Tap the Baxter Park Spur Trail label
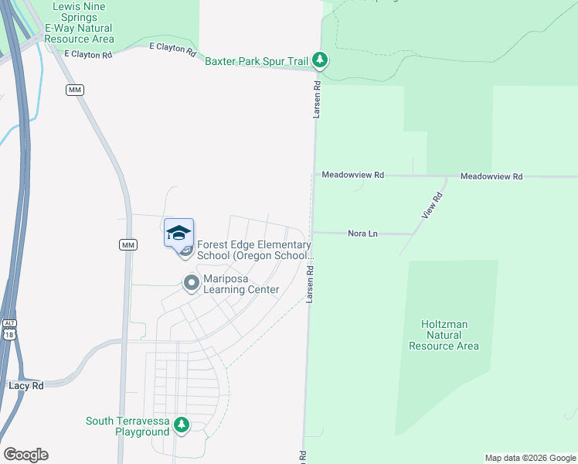click(257, 60)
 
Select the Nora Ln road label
click(362, 233)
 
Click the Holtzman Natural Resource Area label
click(444, 335)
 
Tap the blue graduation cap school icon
click(178, 233)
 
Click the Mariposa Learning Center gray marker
click(191, 283)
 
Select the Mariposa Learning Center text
click(241, 284)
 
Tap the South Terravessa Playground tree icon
click(182, 424)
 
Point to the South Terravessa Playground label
click(127, 426)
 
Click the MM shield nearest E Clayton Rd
click(75, 90)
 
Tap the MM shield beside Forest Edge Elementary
click(128, 244)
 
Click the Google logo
click(25, 455)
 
